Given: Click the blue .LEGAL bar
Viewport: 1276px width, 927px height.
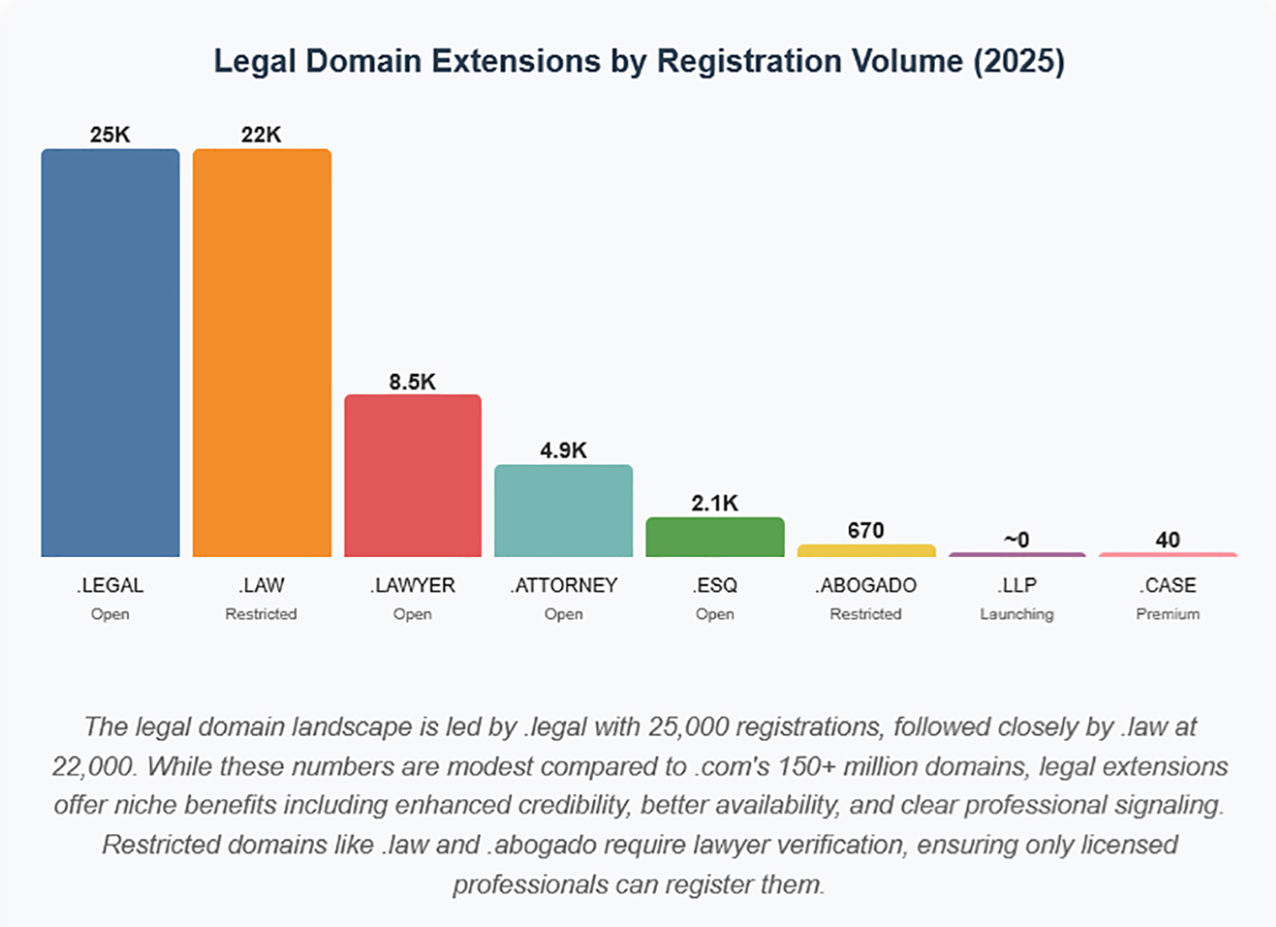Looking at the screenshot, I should pos(111,353).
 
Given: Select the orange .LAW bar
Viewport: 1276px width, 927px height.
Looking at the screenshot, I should pos(262,353).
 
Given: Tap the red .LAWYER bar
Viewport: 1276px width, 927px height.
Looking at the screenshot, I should pos(413,475).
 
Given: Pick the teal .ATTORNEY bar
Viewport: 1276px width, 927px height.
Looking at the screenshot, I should pos(563,510).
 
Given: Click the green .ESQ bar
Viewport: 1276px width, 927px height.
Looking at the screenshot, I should pos(715,537).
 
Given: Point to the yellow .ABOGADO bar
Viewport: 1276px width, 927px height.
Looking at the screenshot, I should pos(866,551).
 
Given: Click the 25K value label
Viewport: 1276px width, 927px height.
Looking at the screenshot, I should pos(111,134).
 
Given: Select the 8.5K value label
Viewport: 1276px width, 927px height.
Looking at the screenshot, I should pos(413,382).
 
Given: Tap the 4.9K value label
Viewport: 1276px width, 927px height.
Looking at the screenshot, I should pos(563,451).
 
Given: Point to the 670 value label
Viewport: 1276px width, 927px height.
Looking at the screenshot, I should pos(866,531).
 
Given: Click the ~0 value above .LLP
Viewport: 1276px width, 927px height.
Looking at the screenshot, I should pos(1017,540).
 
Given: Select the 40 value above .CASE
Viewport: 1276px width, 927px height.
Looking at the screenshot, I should pos(1168,540).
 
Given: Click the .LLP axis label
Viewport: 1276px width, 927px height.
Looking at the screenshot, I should pos(1017,585).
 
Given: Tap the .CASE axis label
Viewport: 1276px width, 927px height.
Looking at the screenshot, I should pos(1168,585).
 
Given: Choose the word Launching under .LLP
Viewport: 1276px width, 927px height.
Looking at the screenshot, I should pos(1017,614).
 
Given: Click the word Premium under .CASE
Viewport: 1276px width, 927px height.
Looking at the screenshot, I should pos(1168,614).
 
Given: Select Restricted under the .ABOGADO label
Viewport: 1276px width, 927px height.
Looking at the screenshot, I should pos(866,614).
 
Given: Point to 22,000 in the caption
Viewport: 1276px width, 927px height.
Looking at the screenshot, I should pos(93,766).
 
